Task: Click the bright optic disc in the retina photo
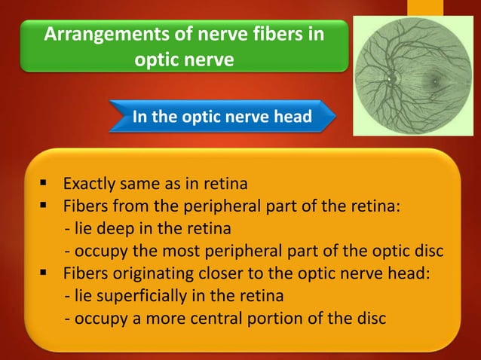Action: pyautogui.click(x=391, y=78)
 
